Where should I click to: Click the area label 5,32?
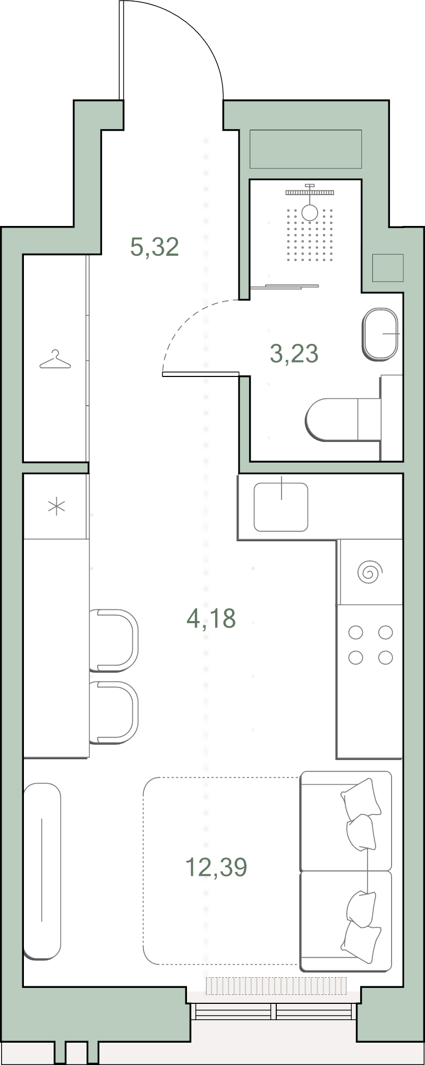[155, 248]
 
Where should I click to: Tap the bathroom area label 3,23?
[294, 354]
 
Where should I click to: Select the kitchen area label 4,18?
[211, 618]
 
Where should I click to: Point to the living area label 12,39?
[216, 867]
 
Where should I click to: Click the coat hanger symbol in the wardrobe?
[55, 360]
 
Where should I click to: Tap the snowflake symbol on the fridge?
[56, 507]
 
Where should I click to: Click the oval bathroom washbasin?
[380, 333]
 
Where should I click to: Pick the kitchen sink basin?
[281, 507]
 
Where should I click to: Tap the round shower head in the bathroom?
[310, 212]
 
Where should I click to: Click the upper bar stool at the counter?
[114, 640]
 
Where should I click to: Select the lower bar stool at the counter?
[114, 712]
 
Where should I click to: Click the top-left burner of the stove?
[355, 633]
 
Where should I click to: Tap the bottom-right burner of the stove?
[385, 658]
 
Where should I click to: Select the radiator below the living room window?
[276, 985]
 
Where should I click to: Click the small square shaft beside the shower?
[388, 268]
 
